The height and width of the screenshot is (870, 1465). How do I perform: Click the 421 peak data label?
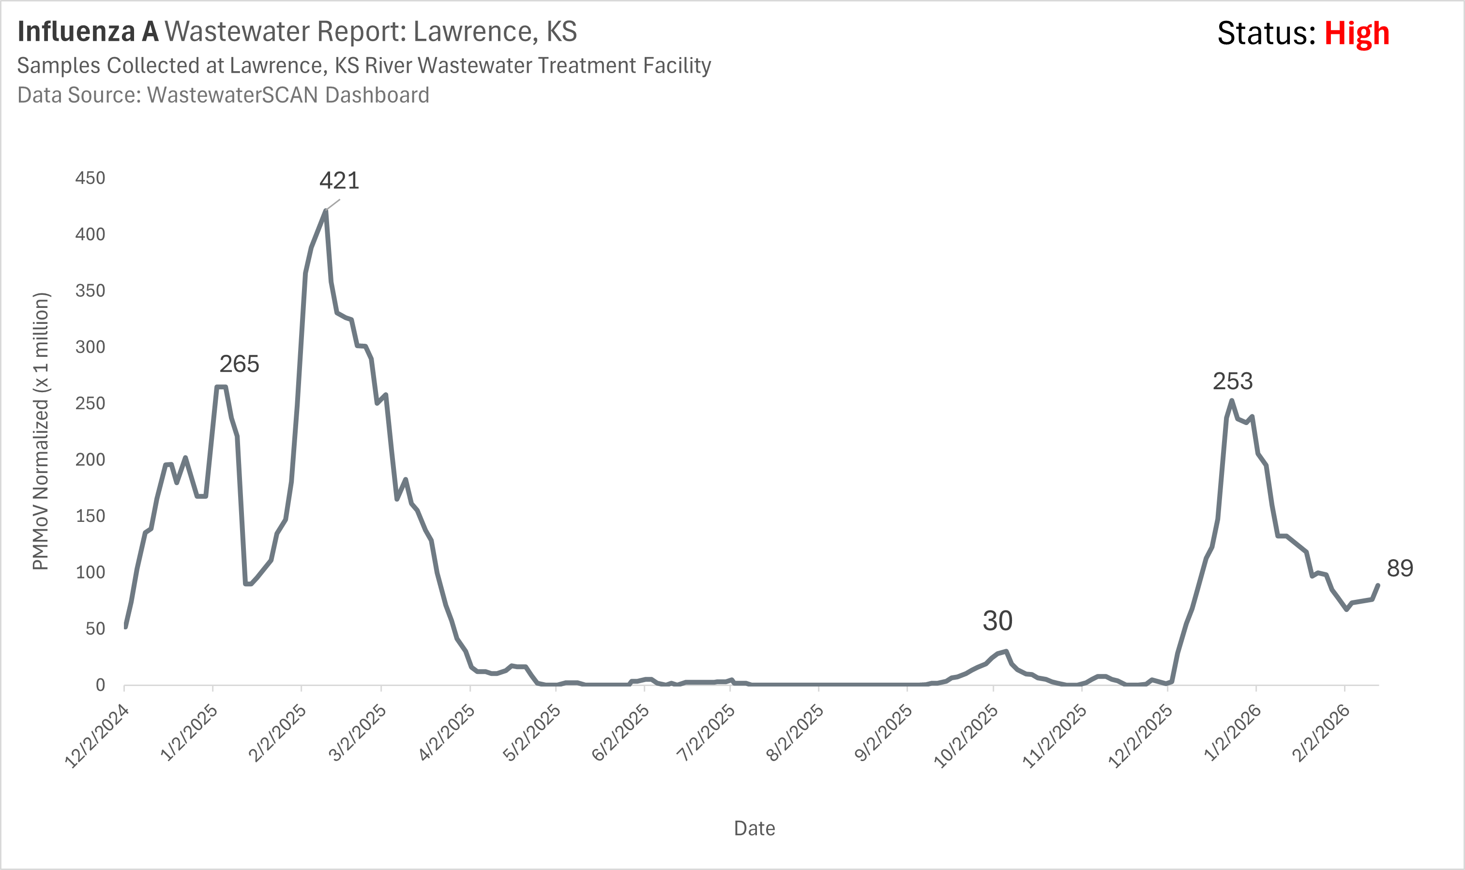click(x=339, y=181)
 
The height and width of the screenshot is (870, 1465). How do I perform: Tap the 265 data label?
click(x=239, y=364)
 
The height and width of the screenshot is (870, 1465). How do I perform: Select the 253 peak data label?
click(x=1232, y=382)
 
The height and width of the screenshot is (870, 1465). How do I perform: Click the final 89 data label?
click(x=1400, y=568)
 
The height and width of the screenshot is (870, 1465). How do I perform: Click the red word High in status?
click(x=1357, y=33)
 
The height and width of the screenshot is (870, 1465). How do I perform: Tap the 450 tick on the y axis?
click(x=90, y=178)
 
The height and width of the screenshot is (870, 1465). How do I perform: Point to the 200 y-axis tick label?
click(x=90, y=459)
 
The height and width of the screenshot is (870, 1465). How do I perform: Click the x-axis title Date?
click(x=754, y=828)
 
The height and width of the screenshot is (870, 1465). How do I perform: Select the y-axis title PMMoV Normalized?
click(x=41, y=431)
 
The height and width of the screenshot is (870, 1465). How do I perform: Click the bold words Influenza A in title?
click(x=88, y=31)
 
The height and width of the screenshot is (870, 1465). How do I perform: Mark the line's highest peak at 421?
click(x=325, y=211)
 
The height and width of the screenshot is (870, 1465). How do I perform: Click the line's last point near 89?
click(x=1378, y=585)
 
